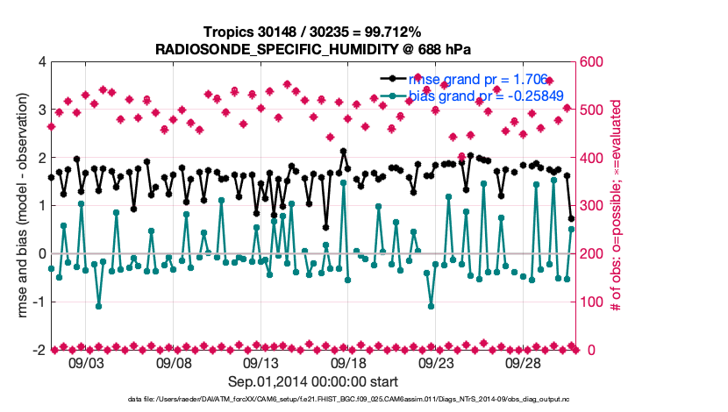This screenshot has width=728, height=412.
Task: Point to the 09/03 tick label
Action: coord(86,362)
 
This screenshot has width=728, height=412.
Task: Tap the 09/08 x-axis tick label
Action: coord(174,362)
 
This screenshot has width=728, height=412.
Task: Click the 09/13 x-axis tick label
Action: coord(261,362)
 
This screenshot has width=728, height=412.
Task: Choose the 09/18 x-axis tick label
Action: coord(348,362)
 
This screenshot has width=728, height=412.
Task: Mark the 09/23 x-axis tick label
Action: coord(436,362)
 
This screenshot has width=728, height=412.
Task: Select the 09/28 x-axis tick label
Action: coord(523,362)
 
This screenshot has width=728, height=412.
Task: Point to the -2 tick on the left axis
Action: coord(37,350)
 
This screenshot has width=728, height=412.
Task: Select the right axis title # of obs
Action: coord(617,206)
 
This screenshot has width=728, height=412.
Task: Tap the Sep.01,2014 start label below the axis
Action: coord(313,381)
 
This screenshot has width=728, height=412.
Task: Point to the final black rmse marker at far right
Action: coord(571,219)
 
